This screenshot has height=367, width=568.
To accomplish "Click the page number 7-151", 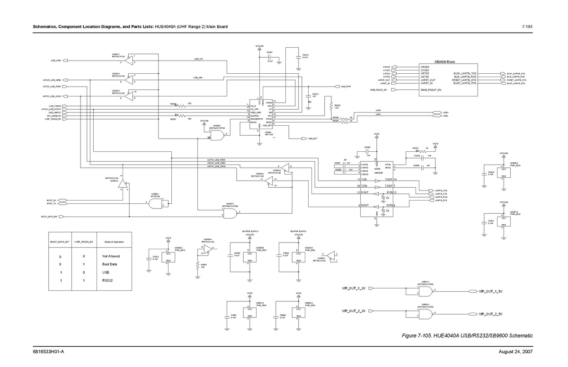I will [x=527, y=26].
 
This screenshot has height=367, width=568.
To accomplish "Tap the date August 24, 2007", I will [x=516, y=352].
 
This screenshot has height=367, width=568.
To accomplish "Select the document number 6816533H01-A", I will [x=48, y=352].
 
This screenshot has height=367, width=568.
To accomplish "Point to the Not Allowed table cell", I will [x=111, y=256].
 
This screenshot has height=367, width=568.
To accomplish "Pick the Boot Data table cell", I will [x=109, y=264].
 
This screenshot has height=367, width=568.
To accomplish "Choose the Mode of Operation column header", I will [x=113, y=242].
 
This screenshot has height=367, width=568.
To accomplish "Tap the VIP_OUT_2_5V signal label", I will [x=490, y=314].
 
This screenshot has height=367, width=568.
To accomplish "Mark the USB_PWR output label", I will [x=346, y=87].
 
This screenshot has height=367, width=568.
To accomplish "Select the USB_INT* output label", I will [x=313, y=139].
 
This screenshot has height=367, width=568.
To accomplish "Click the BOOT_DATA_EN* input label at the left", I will [x=49, y=217].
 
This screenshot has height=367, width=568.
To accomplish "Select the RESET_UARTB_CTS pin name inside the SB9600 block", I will [x=464, y=80].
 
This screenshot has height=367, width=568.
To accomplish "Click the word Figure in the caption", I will [x=410, y=336].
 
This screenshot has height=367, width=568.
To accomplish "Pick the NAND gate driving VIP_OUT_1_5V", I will [x=426, y=291].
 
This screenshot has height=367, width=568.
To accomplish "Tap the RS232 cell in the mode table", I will [x=107, y=281].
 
